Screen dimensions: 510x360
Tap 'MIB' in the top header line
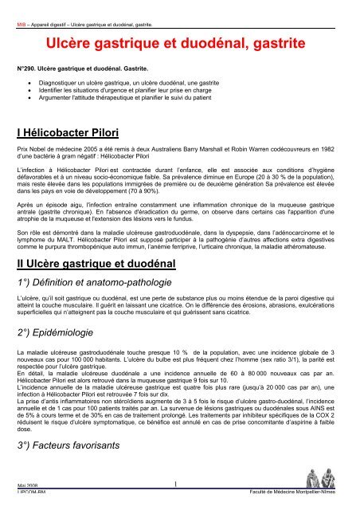[22, 7]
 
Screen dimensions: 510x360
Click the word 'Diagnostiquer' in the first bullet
[61, 83]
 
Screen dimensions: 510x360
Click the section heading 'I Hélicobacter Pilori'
[75, 131]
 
